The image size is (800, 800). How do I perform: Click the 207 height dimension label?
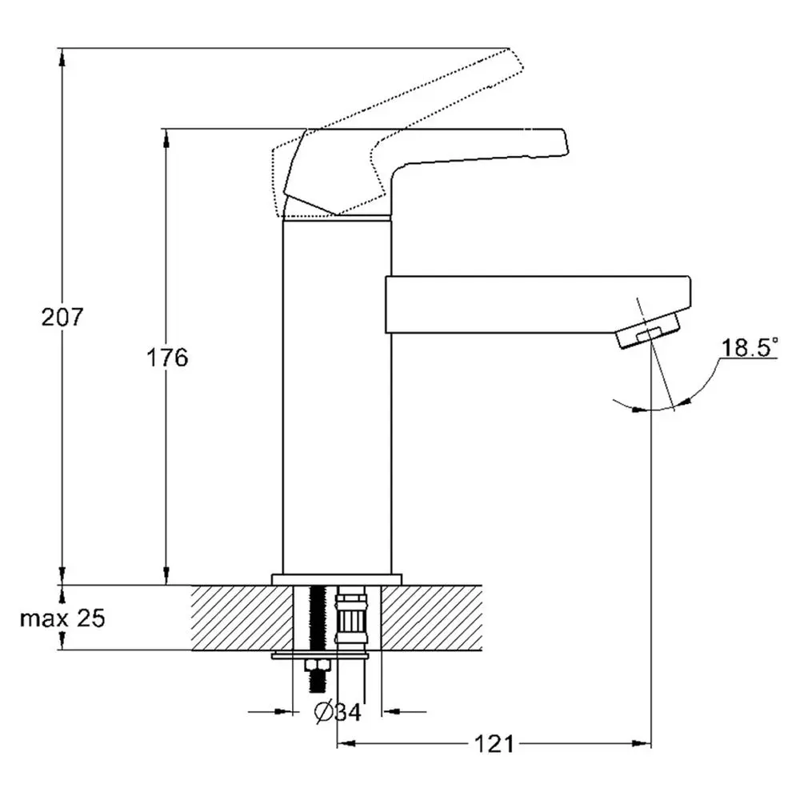point(62,318)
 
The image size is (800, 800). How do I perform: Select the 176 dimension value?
point(167,358)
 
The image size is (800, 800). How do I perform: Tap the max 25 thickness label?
point(62,618)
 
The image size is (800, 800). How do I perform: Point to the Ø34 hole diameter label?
point(338,712)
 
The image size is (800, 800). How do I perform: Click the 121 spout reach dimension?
point(494,744)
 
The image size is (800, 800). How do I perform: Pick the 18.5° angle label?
point(750,348)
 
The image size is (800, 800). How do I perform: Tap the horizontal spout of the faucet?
point(538,305)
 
